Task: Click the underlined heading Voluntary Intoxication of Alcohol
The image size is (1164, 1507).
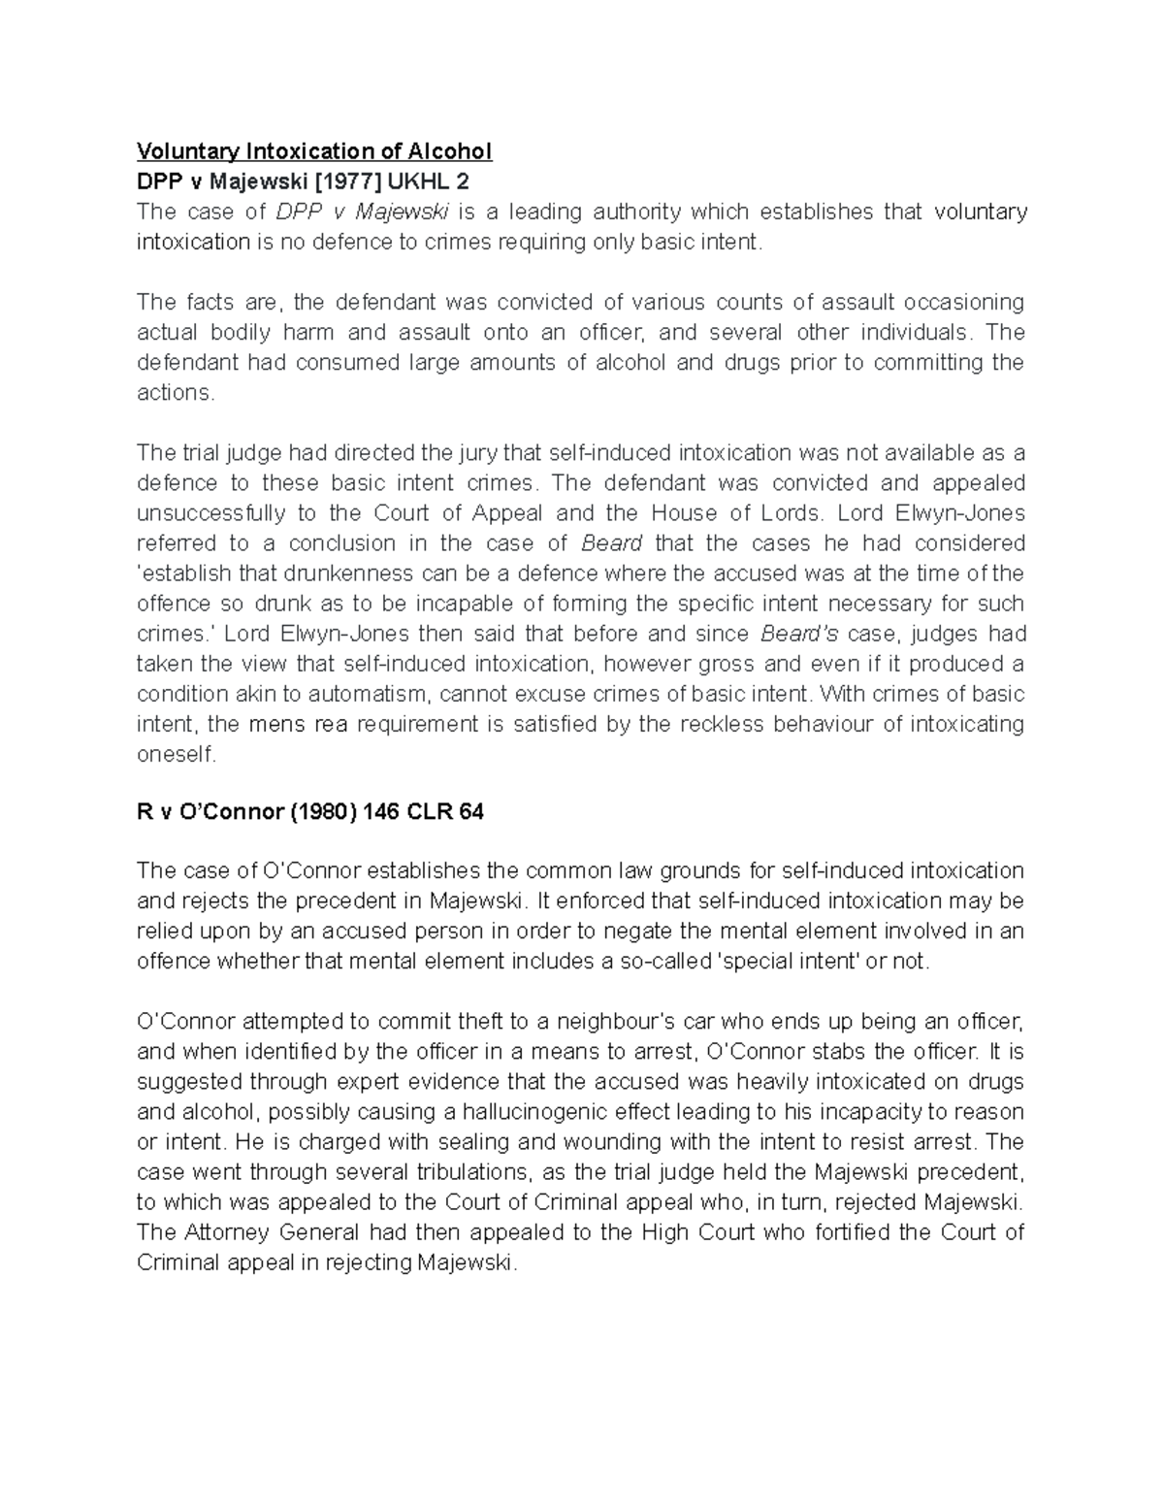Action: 314,151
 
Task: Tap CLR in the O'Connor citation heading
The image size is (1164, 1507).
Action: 428,813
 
